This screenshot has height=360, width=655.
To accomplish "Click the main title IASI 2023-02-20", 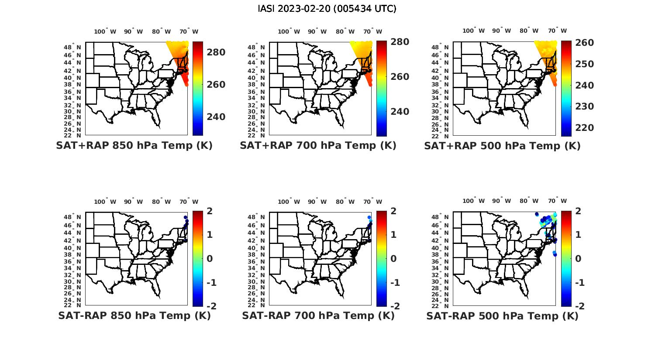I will [327, 9].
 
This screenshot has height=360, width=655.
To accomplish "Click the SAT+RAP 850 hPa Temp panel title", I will [134, 146].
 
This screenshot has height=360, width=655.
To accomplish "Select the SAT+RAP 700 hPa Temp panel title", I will [318, 146].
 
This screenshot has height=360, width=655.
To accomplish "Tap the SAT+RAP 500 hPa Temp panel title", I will [502, 146].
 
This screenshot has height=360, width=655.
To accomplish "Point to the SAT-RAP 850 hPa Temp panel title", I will [134, 315].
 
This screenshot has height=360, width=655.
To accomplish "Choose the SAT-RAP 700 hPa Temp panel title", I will [318, 315].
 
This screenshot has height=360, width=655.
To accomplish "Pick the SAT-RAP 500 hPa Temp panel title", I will [502, 316].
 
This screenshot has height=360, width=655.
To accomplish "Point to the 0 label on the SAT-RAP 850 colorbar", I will [210, 259].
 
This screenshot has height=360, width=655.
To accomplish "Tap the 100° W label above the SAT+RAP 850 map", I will [105, 31].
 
